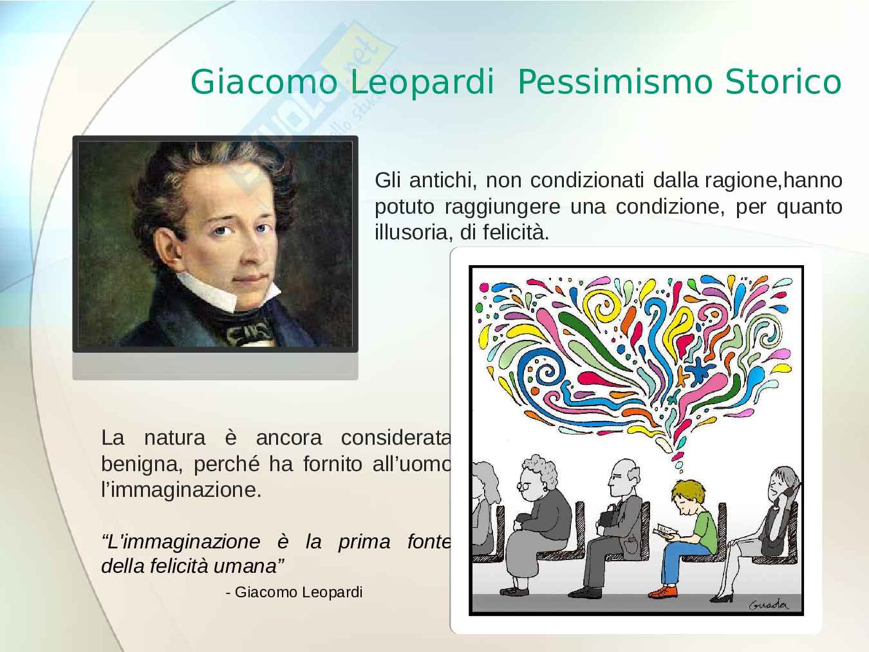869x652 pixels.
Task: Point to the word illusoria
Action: [x=414, y=232]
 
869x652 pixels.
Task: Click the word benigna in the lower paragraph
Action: [x=142, y=464]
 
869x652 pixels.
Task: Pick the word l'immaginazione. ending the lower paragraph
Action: [x=182, y=490]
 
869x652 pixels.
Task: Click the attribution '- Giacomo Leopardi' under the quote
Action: [x=294, y=592]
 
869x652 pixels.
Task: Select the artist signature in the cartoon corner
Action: [x=769, y=604]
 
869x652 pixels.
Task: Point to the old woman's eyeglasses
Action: [x=525, y=486]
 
